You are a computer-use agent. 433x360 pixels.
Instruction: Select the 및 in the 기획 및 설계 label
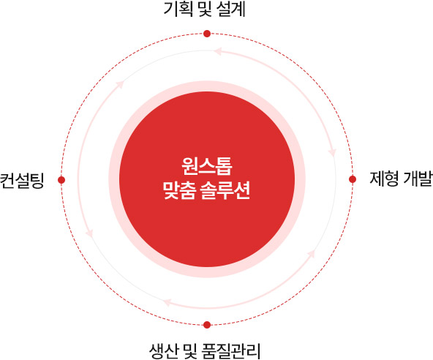(x=205, y=9)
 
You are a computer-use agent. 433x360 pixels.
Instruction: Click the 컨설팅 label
(x=22, y=181)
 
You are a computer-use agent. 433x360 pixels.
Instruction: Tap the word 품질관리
(x=231, y=351)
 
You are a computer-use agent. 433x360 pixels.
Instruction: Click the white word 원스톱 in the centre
(x=207, y=166)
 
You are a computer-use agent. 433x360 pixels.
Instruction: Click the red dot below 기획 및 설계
(x=207, y=34)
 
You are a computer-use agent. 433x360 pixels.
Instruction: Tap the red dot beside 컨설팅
(x=61, y=180)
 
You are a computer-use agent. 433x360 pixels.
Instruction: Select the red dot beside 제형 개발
(x=353, y=179)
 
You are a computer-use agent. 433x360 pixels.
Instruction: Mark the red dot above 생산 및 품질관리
(x=207, y=325)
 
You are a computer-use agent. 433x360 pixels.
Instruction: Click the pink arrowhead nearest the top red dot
(x=218, y=51)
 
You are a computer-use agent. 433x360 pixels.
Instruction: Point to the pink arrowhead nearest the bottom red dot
(x=167, y=302)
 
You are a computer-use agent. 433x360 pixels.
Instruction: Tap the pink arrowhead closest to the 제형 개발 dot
(x=332, y=153)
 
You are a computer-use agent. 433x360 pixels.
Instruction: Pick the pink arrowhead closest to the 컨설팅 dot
(x=89, y=233)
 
